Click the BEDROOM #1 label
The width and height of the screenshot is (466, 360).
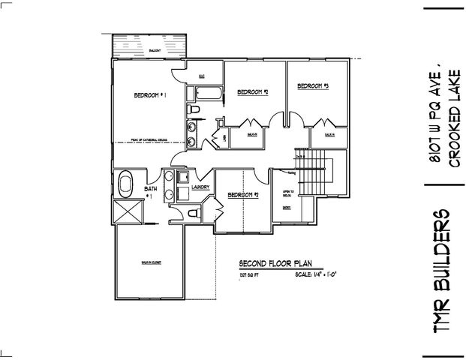click(149, 95)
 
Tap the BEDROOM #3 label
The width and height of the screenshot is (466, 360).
click(313, 87)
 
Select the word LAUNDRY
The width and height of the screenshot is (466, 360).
click(200, 187)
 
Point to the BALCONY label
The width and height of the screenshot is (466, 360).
click(153, 50)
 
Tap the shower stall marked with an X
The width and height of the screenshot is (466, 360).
click(125, 212)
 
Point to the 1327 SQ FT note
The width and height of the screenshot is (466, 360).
click(248, 275)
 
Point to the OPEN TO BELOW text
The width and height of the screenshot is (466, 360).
click(287, 193)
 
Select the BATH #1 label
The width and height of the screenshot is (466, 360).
click(151, 193)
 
